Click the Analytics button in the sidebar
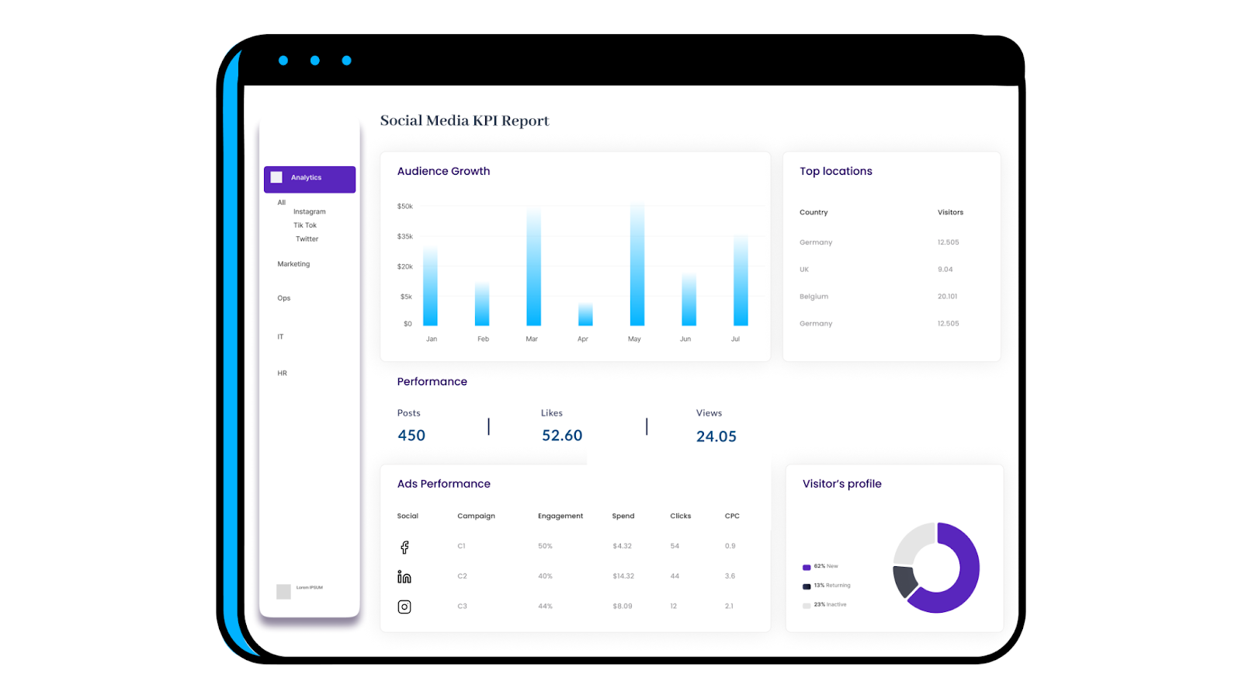[x=309, y=179]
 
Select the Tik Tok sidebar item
[x=304, y=225]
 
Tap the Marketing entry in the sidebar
[x=293, y=264]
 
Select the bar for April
[x=585, y=315]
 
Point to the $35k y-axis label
[x=404, y=236]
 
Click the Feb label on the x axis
[x=483, y=339]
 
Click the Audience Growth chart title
[x=443, y=171]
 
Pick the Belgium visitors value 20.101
[x=947, y=297]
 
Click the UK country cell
[x=804, y=270]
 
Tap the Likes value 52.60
[x=562, y=436]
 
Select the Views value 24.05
[x=716, y=436]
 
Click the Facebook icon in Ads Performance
[x=404, y=547]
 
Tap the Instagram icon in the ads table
[x=404, y=607]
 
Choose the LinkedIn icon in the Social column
[x=404, y=576]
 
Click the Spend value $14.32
[x=623, y=576]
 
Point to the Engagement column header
[x=560, y=516]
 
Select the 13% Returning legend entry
[x=827, y=586]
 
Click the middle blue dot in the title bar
[x=314, y=61]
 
